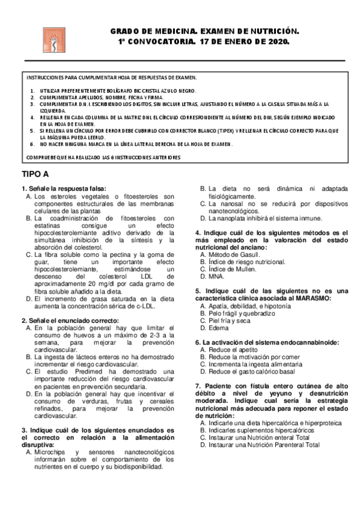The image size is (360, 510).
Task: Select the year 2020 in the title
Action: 276,43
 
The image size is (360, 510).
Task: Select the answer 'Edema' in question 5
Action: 218,328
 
